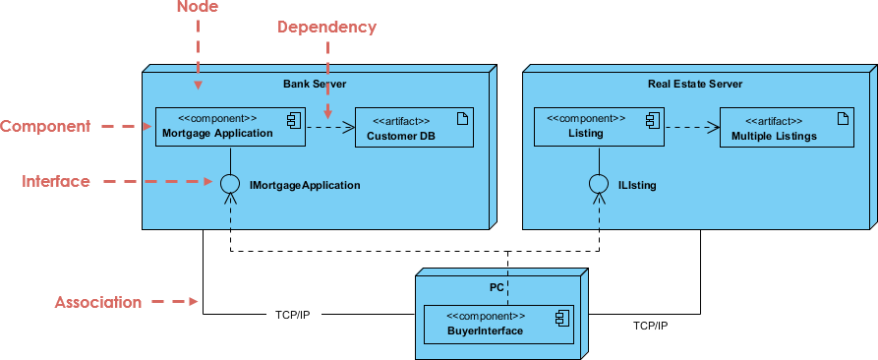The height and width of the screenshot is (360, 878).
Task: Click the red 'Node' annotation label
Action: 197,8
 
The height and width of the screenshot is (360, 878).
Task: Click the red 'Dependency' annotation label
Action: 326,28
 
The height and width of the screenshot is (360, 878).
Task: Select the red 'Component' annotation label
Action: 45,126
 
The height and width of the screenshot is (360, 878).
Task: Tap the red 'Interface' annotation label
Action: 56,181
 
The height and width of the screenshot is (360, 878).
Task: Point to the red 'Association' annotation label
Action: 98,302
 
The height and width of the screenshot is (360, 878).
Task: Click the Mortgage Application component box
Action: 230,127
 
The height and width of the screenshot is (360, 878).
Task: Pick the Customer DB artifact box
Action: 414,127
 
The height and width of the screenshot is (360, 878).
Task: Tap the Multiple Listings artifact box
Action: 786,127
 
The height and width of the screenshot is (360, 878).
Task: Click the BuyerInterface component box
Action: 498,324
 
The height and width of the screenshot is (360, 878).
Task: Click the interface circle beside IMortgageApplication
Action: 230,184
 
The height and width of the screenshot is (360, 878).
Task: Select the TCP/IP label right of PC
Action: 650,325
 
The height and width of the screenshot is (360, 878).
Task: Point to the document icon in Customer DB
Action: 461,120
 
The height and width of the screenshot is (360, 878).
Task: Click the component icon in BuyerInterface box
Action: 561,317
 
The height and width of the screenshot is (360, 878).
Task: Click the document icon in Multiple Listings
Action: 841,119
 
